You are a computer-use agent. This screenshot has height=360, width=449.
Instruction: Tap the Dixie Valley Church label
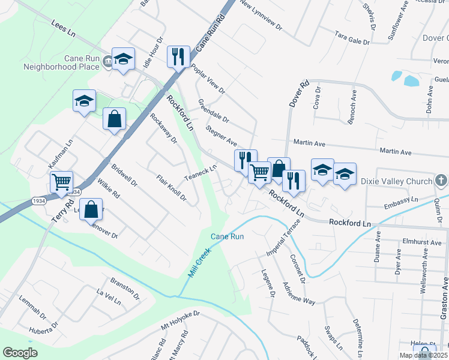click(x=396, y=181)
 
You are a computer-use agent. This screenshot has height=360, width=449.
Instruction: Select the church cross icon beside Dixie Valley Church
click(x=441, y=180)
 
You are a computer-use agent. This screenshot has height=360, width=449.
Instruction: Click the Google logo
click(x=20, y=353)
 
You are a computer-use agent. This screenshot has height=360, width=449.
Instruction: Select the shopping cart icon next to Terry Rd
click(x=61, y=182)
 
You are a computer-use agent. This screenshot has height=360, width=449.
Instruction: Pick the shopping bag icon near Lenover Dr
click(x=91, y=209)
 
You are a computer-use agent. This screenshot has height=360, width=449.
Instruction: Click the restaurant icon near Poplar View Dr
click(x=178, y=56)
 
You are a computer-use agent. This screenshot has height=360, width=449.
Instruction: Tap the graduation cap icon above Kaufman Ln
click(x=84, y=101)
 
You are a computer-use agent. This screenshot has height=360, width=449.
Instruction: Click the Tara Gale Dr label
click(x=352, y=39)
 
